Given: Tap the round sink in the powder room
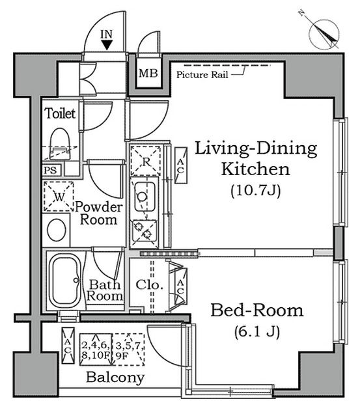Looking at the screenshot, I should (57, 229).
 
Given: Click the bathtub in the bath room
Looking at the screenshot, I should (64, 281).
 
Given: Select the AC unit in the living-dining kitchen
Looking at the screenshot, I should (180, 161).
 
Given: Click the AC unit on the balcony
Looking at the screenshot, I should (68, 340).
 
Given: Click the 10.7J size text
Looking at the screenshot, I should (255, 191).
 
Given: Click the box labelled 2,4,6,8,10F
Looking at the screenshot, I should (95, 347).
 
